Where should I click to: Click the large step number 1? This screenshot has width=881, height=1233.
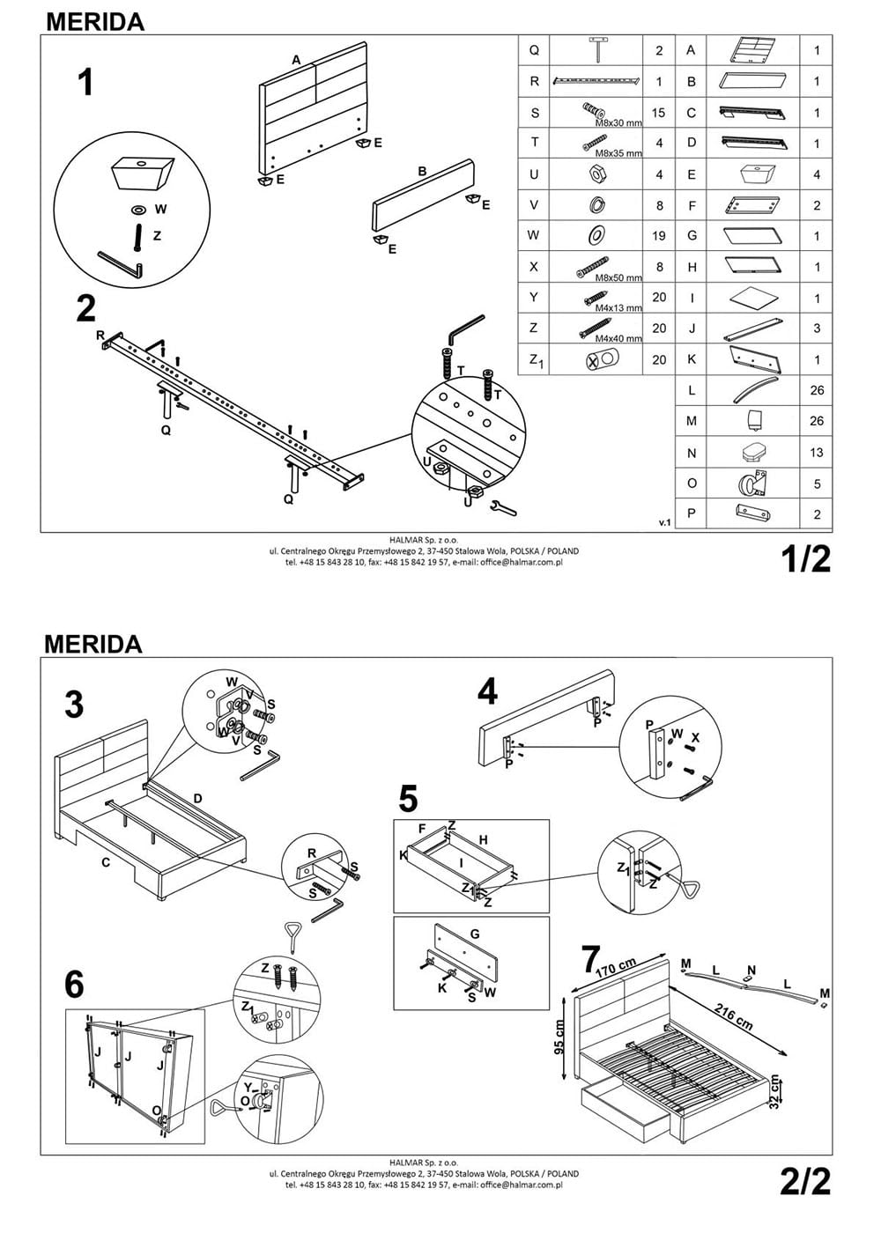point(85,84)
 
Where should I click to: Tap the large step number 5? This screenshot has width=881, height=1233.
point(408,799)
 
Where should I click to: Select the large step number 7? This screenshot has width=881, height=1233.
point(591,959)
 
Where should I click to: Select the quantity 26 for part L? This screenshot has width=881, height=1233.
point(817,390)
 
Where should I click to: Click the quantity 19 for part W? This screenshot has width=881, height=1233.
point(659,235)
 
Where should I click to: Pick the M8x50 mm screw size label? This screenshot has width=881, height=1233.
point(618,277)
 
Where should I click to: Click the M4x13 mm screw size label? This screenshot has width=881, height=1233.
point(618,308)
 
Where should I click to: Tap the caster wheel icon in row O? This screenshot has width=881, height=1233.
point(751,483)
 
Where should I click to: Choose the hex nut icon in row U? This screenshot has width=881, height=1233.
point(595,174)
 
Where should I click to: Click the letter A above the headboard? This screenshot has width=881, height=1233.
point(297,59)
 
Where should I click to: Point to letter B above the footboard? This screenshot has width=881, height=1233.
point(422,172)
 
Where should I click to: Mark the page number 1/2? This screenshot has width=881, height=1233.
point(806,559)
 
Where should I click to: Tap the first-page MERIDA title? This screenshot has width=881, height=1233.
point(94,21)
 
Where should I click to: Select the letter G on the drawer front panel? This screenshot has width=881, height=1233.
point(475,934)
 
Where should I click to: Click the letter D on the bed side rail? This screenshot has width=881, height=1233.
point(198,799)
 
